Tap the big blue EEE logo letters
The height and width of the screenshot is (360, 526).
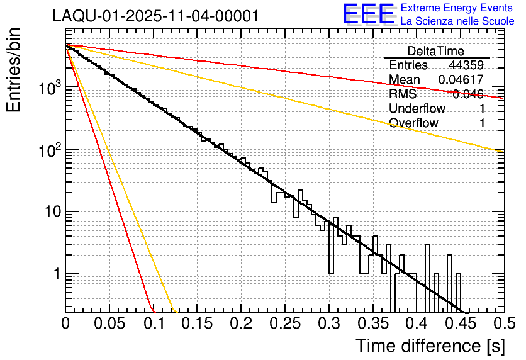(368, 15)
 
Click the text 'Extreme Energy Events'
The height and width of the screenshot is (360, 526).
(457, 8)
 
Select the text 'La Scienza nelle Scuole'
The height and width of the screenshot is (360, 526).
(457, 21)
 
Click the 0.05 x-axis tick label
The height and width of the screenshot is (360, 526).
(109, 323)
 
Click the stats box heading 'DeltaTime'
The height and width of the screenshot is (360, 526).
(436, 51)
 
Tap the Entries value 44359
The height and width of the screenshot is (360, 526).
(466, 65)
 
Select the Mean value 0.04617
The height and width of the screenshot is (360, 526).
(461, 80)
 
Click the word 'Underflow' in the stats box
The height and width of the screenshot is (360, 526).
(417, 108)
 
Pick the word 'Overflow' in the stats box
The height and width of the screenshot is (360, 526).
(413, 123)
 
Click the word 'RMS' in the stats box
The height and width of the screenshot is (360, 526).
(403, 94)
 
